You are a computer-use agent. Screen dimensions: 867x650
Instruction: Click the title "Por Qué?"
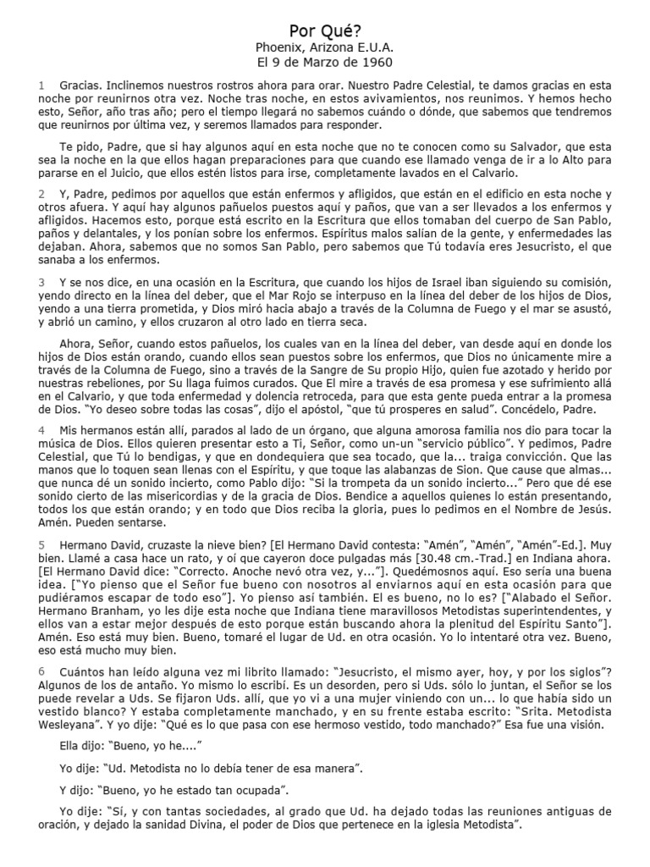[x=325, y=30]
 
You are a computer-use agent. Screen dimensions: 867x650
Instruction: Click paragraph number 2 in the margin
[x=41, y=194]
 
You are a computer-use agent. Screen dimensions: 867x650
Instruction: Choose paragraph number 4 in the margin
[x=41, y=429]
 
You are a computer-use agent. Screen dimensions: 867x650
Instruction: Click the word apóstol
[x=302, y=406]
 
